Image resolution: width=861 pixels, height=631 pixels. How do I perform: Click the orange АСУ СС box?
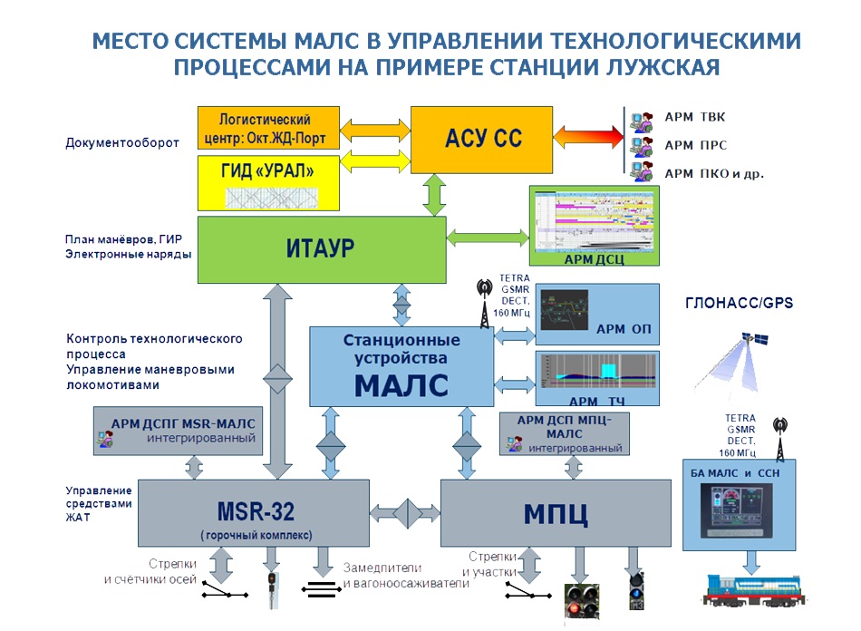point(482,140)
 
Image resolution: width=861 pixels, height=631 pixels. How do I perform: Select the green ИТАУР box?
point(322,248)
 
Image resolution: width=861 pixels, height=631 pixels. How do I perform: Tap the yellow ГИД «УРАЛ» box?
point(268,182)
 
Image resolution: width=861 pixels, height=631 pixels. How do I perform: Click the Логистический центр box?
point(268,128)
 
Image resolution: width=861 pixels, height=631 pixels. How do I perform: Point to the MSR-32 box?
point(253,513)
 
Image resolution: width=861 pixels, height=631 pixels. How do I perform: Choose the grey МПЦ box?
point(556,513)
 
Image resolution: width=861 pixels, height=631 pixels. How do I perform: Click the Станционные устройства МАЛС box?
point(401,365)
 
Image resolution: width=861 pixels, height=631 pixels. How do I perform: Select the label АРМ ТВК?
point(695,117)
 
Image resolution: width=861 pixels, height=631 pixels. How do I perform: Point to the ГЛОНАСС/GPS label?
point(740,304)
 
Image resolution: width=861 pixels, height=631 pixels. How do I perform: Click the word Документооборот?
point(122,142)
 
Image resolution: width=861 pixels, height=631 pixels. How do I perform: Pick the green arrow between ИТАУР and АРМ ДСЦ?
point(488,238)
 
